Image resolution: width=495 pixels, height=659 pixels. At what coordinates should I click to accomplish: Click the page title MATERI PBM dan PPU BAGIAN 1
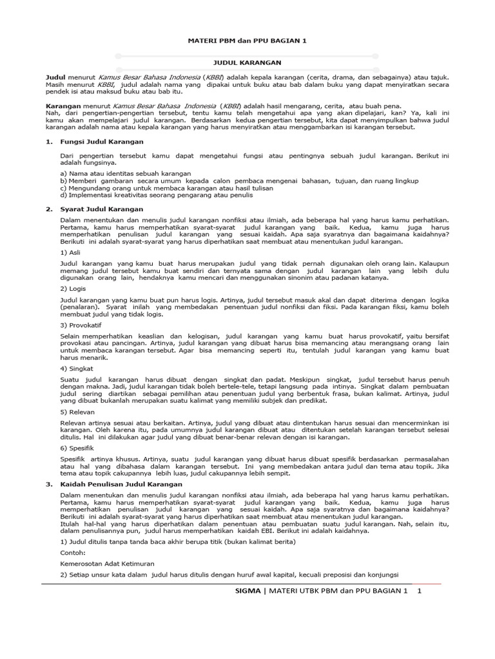[247, 41]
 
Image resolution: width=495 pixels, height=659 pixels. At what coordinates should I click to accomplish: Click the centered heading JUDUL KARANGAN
[247, 64]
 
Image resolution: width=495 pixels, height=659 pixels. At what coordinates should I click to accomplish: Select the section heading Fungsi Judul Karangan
[102, 141]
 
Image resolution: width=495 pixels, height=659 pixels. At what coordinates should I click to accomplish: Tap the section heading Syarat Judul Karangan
[101, 209]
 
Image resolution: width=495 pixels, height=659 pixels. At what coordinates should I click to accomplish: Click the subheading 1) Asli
[70, 253]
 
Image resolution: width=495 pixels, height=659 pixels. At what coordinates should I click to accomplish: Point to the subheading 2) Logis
[72, 289]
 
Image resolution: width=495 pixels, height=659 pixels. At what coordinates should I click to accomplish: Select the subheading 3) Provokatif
[80, 325]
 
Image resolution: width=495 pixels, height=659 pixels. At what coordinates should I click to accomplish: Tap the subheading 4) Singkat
[74, 368]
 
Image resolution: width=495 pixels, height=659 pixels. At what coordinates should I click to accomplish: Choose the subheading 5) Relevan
[77, 411]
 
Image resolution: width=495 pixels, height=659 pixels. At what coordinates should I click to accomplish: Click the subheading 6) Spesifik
[77, 447]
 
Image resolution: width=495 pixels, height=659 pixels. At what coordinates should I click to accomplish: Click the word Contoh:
[72, 552]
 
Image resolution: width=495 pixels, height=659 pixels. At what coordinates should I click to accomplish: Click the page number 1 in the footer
[419, 591]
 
